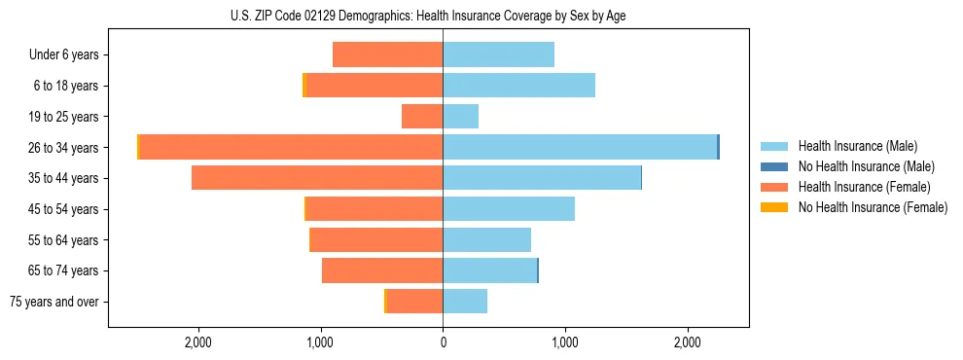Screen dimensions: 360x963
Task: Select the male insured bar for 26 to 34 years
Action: pyautogui.click(x=580, y=147)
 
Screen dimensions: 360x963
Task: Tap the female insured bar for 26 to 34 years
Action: pyautogui.click(x=292, y=147)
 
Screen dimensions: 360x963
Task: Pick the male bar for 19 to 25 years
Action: pyautogui.click(x=461, y=117)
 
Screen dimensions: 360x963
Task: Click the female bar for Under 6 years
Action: pyautogui.click(x=388, y=54)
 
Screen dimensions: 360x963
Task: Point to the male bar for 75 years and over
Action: pyautogui.click(x=465, y=302)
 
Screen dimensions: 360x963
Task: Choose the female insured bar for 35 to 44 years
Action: pyautogui.click(x=317, y=178)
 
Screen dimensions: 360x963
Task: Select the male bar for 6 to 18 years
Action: pyautogui.click(x=519, y=86)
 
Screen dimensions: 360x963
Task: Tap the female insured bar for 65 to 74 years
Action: pyautogui.click(x=382, y=270)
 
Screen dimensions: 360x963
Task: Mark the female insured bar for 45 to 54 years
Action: pyautogui.click(x=374, y=209)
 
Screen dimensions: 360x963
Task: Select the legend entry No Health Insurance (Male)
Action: pyautogui.click(x=866, y=166)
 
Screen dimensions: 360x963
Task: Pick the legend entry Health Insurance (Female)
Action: pyautogui.click(x=864, y=187)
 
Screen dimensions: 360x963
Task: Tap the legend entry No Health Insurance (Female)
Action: pyautogui.click(x=873, y=207)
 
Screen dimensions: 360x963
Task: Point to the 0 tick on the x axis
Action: pyautogui.click(x=443, y=342)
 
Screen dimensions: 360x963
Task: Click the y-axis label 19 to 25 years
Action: pyautogui.click(x=63, y=117)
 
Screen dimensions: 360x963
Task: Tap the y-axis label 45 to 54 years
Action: pyautogui.click(x=63, y=209)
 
